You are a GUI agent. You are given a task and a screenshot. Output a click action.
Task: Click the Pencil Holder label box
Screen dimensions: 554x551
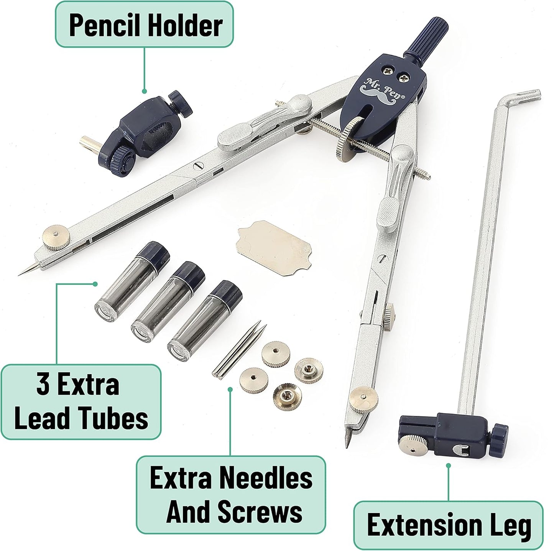pos(144,24)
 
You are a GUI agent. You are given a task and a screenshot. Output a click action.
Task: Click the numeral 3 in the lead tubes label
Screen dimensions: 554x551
pos(43,385)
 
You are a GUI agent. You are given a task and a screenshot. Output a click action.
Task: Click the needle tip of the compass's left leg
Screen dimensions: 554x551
pos(19,275)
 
